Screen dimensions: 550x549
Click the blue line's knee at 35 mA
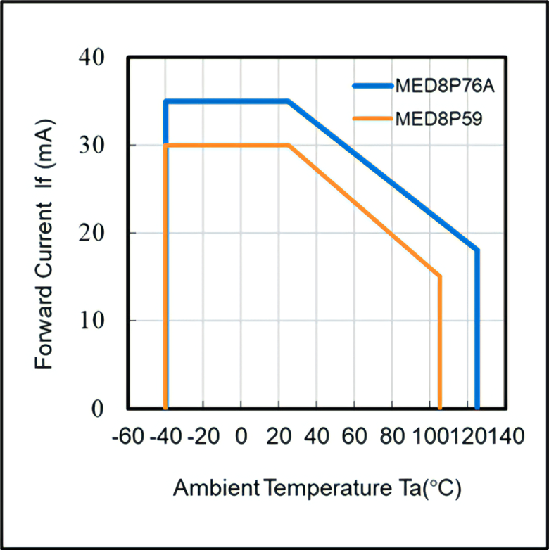288,101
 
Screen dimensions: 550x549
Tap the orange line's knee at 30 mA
289,145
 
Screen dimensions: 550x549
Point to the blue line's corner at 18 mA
477,250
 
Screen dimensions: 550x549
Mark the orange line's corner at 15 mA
439,276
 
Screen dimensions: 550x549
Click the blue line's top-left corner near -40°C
166,101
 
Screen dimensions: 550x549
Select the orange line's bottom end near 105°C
439,407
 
